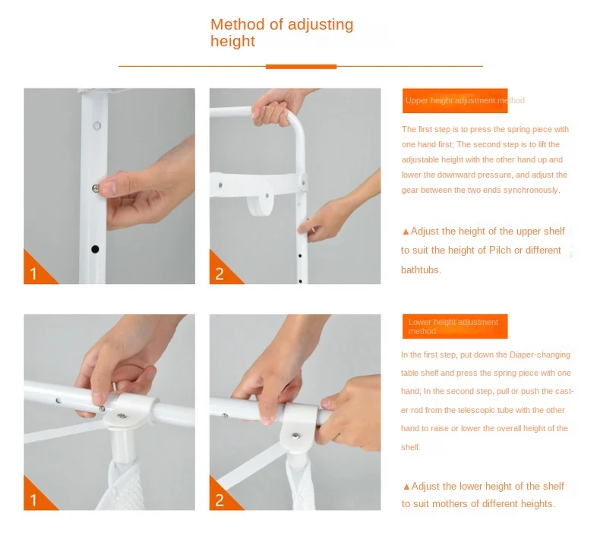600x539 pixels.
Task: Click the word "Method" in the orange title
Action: (238, 24)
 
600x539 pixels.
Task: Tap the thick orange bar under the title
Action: (302, 67)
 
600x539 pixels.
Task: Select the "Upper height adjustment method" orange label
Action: (455, 101)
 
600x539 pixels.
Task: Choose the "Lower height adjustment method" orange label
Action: (455, 326)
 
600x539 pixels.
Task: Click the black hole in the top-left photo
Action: (95, 250)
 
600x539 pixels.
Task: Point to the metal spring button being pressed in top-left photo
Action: (95, 188)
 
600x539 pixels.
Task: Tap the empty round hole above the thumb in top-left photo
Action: (96, 125)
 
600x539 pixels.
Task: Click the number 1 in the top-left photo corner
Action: (33, 274)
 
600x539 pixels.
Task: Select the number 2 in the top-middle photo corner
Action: (219, 274)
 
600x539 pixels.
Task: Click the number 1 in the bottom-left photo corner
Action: (33, 500)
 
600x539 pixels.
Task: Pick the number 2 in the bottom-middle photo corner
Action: (219, 500)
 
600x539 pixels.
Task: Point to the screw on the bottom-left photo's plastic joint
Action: (122, 415)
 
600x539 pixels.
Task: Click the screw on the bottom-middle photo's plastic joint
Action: (295, 435)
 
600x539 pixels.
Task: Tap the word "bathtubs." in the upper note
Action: (421, 269)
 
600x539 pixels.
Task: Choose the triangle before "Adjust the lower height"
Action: (406, 487)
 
